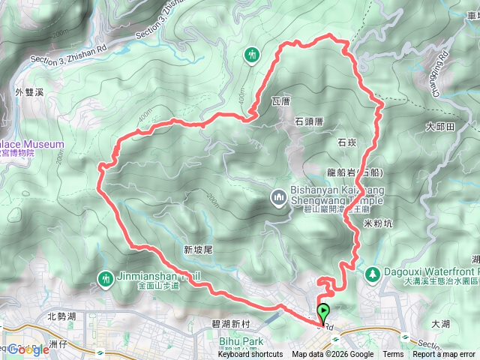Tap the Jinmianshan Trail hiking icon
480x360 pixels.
click(x=106, y=279)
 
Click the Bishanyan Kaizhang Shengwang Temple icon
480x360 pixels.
click(x=278, y=197)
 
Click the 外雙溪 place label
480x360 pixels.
click(x=29, y=92)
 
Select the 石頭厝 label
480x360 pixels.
click(x=308, y=120)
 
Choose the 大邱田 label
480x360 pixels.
click(x=440, y=127)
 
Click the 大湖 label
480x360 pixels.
click(x=442, y=324)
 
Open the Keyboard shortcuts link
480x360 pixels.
click(x=250, y=355)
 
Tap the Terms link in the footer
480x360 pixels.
click(x=393, y=355)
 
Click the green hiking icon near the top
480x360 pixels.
click(x=252, y=54)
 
